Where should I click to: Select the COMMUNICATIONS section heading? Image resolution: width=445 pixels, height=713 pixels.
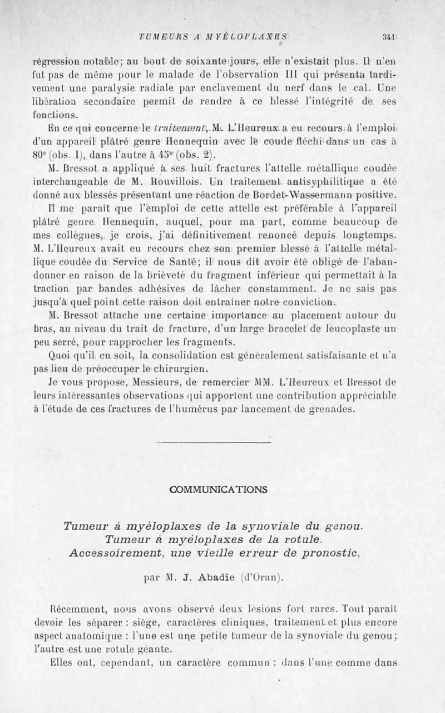click(x=219, y=490)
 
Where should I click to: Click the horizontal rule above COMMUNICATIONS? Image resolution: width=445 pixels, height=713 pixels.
click(x=214, y=442)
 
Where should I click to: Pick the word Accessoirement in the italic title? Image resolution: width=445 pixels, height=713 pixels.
click(x=116, y=553)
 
